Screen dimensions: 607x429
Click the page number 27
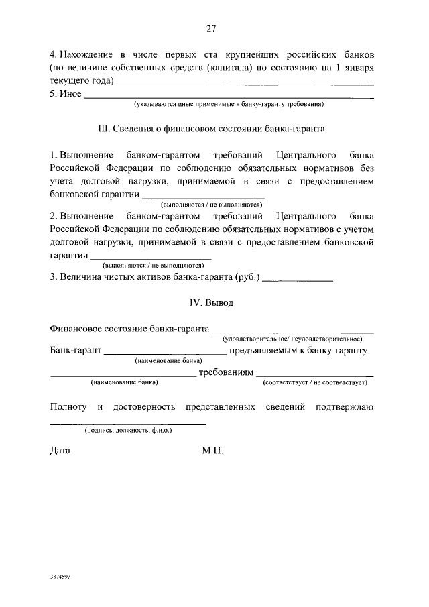[x=211, y=28]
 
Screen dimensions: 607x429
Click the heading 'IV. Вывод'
[x=212, y=303]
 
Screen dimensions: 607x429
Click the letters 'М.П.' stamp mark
[x=212, y=451]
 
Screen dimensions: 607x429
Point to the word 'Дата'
[x=60, y=451]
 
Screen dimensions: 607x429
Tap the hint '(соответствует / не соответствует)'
[x=315, y=382]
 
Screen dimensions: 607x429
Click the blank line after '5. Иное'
[x=228, y=97]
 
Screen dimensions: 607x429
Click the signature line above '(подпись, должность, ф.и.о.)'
[x=128, y=423]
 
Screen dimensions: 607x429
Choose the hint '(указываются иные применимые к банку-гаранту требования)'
[x=229, y=105]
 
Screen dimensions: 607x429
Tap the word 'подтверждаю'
[x=347, y=407]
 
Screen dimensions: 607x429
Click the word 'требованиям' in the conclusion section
[x=227, y=372]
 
